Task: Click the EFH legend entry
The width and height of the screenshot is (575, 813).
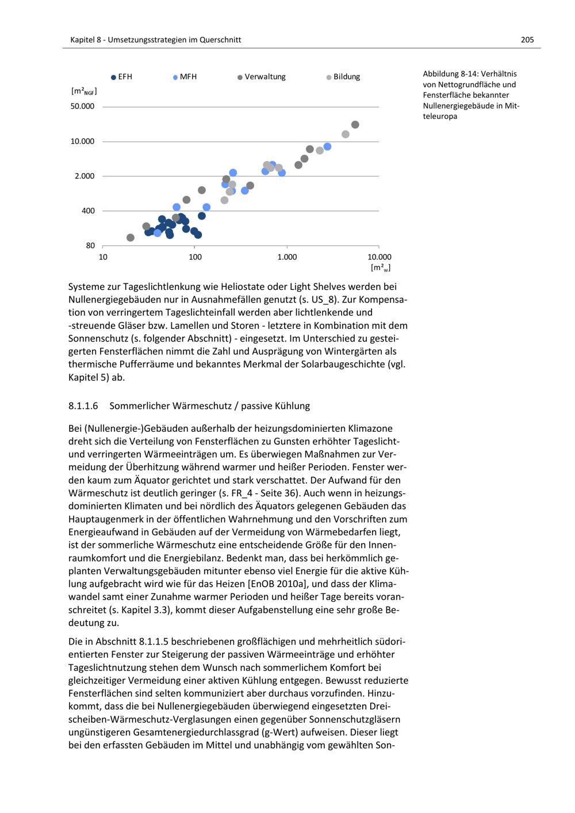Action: point(122,77)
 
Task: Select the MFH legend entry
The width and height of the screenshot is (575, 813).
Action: point(185,77)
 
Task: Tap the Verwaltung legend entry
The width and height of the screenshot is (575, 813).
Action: point(262,77)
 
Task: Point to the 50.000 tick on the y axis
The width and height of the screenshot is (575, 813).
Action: point(83,107)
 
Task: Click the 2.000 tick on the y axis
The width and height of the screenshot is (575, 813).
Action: point(85,176)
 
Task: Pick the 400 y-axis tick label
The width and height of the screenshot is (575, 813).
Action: point(88,211)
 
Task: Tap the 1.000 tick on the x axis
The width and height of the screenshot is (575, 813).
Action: point(287,257)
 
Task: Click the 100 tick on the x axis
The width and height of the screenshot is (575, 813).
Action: point(195,257)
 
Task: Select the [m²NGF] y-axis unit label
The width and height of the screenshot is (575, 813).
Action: point(84,91)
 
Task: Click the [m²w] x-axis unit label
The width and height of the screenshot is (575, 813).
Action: point(381,267)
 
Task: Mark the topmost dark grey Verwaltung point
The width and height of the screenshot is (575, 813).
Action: point(355,125)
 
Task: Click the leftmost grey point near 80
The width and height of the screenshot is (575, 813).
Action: point(131,237)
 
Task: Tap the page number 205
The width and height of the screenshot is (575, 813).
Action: point(527,40)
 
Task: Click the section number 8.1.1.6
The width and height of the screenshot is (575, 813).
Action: point(83,406)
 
